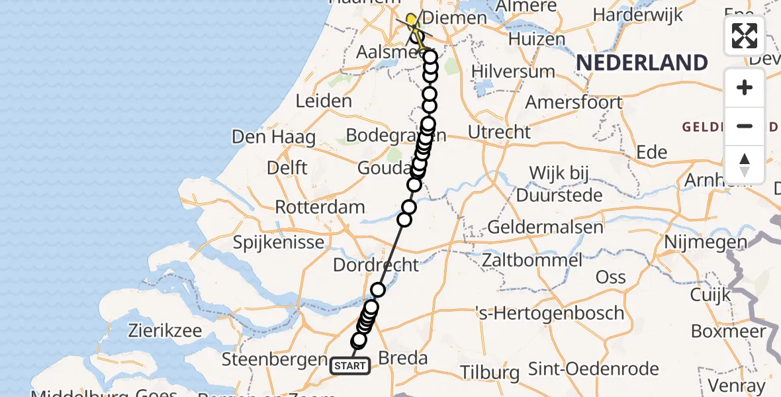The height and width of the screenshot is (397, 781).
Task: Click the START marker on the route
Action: (x=349, y=365)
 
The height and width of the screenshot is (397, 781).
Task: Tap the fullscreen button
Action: (x=745, y=36)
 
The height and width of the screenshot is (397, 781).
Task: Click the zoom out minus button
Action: (x=745, y=126)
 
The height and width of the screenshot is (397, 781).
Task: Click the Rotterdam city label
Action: (x=320, y=206)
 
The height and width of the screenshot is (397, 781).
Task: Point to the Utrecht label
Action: (x=499, y=132)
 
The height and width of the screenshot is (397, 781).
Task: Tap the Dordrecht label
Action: (x=376, y=265)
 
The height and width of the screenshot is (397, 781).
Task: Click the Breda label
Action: (x=402, y=359)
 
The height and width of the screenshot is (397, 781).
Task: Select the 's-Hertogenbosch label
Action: (x=550, y=312)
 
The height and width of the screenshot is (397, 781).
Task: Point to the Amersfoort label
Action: (x=574, y=103)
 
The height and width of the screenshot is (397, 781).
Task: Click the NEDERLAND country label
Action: (x=642, y=63)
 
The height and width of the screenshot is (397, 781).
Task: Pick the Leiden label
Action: (x=324, y=101)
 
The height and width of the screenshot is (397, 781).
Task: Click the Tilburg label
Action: (x=491, y=372)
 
